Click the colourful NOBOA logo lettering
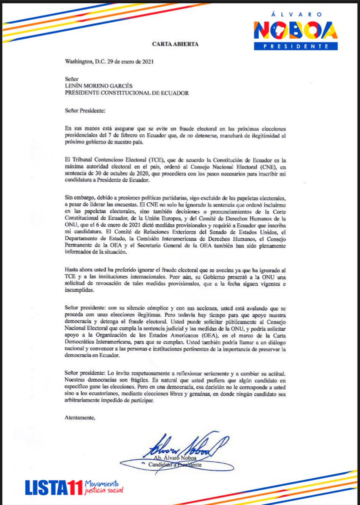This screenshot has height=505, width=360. [295, 31]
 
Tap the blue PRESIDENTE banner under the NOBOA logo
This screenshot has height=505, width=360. [295, 46]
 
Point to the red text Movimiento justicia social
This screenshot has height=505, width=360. [104, 487]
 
